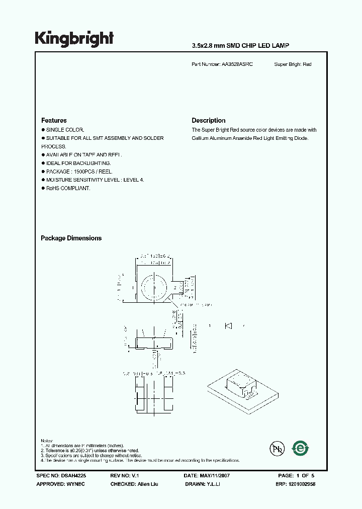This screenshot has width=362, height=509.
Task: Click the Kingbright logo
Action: click(74, 39)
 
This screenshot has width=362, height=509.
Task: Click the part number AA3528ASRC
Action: click(237, 64)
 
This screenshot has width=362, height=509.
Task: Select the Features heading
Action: click(54, 121)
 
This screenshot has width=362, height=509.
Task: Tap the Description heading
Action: click(209, 121)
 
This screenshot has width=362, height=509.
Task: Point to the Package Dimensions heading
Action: click(71, 238)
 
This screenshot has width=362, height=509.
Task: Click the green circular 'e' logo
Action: click(301, 447)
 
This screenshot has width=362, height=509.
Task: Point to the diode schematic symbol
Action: click(228, 326)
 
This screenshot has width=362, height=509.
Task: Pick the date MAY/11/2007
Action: click(216, 475)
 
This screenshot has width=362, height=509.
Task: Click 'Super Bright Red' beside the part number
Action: click(293, 64)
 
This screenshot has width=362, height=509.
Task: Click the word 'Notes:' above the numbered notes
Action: click(47, 440)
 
